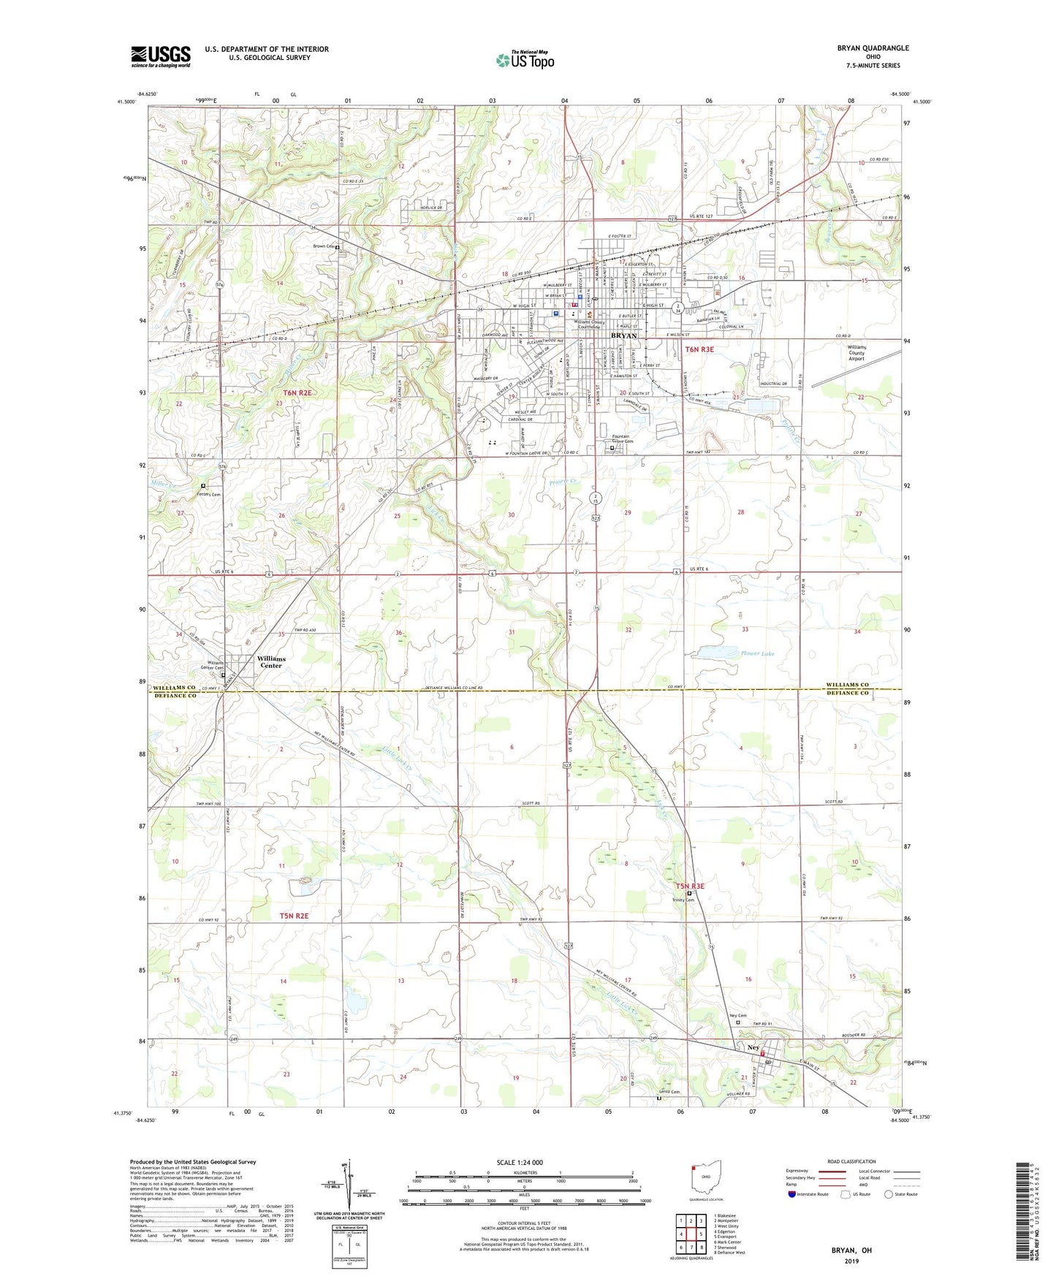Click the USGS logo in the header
(161, 56)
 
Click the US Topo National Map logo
(524, 59)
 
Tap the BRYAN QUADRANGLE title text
(873, 48)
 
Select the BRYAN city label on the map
(623, 335)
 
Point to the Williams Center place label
(271, 662)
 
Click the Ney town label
(754, 1047)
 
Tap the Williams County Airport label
(856, 353)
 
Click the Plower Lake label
(756, 653)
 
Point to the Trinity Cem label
(684, 900)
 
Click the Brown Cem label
(324, 246)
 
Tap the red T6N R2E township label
(297, 393)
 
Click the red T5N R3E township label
(689, 886)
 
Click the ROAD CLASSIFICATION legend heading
(851, 1161)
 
